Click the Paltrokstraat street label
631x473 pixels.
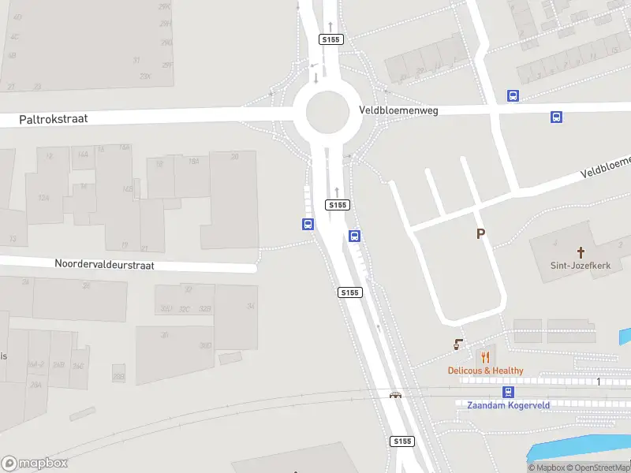click(54, 119)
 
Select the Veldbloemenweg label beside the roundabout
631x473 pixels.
click(398, 111)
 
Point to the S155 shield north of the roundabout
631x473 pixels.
click(330, 39)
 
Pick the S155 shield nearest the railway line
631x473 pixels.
click(401, 441)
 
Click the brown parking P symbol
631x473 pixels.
click(480, 233)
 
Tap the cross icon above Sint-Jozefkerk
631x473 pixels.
click(581, 252)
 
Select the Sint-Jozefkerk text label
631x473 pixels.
click(581, 266)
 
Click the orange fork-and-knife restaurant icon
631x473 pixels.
click(485, 356)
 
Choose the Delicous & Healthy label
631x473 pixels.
click(485, 371)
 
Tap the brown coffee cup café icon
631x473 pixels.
click(457, 345)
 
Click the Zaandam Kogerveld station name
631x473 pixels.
click(509, 404)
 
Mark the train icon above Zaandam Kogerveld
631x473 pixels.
click(508, 392)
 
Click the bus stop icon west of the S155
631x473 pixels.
click(308, 225)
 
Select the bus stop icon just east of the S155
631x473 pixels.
click(355, 236)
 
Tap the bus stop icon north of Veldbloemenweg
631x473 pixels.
click(513, 96)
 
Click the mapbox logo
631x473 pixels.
click(35, 464)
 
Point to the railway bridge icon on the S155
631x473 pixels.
click(395, 394)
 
